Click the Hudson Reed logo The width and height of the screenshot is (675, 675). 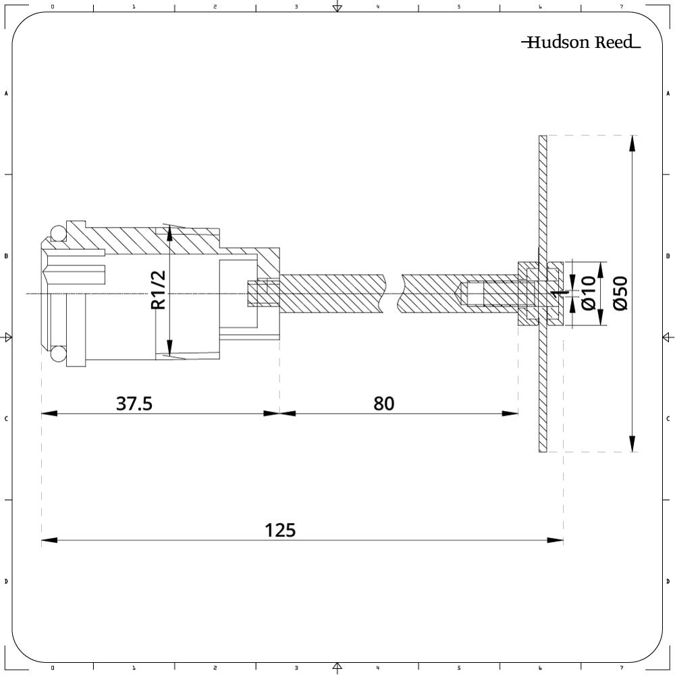tap(580, 43)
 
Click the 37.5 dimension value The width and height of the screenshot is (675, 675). tap(134, 404)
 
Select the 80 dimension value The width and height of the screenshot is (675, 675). tap(383, 404)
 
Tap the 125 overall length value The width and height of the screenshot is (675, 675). tap(280, 531)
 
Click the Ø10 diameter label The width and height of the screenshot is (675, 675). tap(588, 293)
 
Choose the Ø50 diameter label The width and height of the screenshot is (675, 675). tap(620, 293)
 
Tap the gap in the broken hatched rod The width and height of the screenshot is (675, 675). tap(393, 294)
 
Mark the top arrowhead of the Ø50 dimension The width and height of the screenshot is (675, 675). tap(632, 143)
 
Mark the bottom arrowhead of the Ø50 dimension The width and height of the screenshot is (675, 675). tap(632, 444)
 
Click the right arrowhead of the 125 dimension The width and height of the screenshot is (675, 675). tap(556, 540)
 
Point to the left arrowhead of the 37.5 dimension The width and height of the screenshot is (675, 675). tap(49, 412)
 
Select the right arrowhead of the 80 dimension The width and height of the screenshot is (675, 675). tap(510, 412)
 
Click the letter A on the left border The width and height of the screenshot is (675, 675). tap(6, 93)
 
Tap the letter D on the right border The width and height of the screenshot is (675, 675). tap(668, 581)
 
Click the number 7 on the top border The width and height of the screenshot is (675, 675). tap(621, 7)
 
